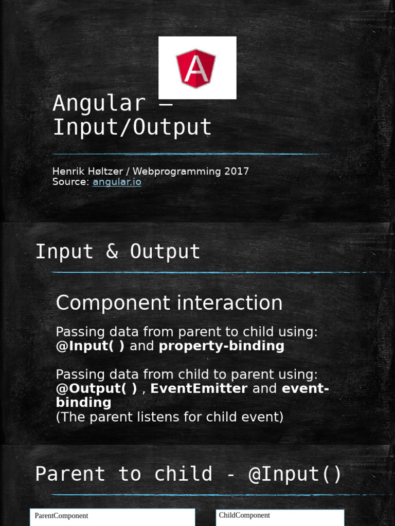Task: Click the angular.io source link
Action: tap(117, 182)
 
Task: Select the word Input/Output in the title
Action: tap(132, 127)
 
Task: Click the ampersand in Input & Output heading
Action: tap(112, 252)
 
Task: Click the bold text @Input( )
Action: tap(90, 346)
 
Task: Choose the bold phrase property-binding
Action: tap(221, 346)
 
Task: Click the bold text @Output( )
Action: tap(97, 389)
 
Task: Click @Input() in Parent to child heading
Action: tap(295, 474)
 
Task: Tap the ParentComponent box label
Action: tap(61, 516)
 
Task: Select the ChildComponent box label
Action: tap(244, 515)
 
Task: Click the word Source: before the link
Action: tap(71, 182)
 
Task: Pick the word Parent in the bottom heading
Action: tap(70, 474)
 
